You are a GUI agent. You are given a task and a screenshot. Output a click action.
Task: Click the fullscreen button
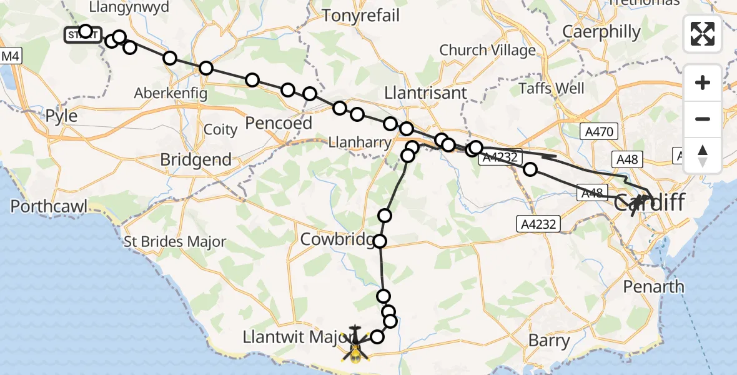703,34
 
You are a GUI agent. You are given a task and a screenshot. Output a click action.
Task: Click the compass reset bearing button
703,156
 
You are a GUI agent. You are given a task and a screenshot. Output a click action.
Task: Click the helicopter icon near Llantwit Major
355,344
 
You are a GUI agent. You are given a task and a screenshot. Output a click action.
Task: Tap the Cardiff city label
650,203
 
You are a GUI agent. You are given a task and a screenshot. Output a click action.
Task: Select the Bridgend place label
195,159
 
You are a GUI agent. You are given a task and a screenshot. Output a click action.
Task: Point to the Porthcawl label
49,206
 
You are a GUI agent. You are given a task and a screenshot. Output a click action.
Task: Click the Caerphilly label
601,31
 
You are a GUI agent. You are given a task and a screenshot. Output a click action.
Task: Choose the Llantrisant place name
425,93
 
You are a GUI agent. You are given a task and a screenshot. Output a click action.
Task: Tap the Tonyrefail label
360,16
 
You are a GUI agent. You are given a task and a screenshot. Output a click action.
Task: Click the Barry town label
549,341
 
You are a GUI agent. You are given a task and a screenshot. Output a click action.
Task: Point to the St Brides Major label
175,242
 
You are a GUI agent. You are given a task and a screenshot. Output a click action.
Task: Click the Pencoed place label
278,123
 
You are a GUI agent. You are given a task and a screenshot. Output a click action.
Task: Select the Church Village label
487,50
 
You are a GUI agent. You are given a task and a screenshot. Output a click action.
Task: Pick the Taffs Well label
552,89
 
